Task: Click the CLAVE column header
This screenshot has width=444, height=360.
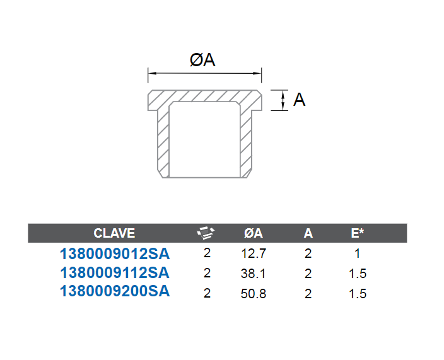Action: (x=114, y=233)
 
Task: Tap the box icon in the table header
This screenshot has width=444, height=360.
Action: (x=206, y=233)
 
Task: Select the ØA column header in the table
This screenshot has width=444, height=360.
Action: (x=254, y=233)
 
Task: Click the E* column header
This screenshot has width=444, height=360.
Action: (x=357, y=233)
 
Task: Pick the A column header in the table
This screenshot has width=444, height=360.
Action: (x=308, y=233)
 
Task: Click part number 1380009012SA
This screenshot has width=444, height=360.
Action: (x=115, y=253)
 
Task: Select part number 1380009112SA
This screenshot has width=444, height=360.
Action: (x=115, y=272)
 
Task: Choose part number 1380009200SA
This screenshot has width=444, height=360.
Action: (x=115, y=291)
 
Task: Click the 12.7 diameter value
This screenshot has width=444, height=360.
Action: (x=254, y=253)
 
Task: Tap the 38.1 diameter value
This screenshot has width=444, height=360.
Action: (x=253, y=274)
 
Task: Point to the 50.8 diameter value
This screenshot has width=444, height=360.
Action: (x=254, y=294)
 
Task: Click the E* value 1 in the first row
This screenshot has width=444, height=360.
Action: (x=358, y=253)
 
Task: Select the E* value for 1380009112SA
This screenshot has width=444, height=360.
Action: (x=358, y=274)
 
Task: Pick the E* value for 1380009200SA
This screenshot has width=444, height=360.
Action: (x=358, y=294)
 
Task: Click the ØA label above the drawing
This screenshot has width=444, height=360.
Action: (x=202, y=60)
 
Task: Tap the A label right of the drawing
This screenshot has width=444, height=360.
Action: (x=300, y=100)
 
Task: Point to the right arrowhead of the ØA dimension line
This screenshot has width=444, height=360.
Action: (x=257, y=73)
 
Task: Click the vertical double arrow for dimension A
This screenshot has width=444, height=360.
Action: (x=283, y=100)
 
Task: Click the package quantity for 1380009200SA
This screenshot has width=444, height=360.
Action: (x=207, y=293)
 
